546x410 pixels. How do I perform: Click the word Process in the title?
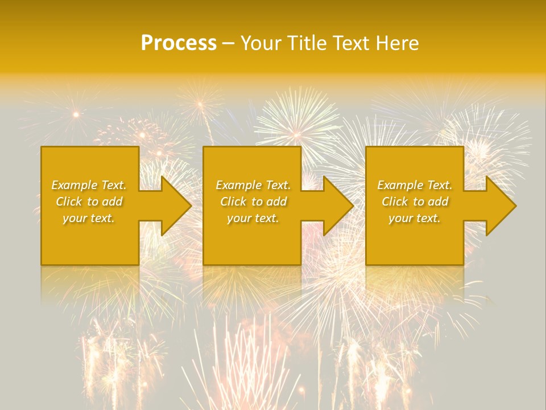(x=179, y=43)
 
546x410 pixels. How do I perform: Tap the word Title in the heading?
(x=307, y=43)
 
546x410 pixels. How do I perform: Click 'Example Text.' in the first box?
(x=89, y=185)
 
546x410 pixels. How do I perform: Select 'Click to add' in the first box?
(x=89, y=202)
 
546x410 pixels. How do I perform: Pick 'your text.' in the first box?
(x=89, y=218)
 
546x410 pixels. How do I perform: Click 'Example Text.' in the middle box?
(x=253, y=185)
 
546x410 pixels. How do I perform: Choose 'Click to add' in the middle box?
(x=253, y=202)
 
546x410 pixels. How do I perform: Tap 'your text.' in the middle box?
(x=253, y=218)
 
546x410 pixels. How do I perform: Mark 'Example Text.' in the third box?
(x=415, y=185)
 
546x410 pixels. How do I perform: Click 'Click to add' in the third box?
(x=415, y=202)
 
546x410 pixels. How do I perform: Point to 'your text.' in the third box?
(x=415, y=218)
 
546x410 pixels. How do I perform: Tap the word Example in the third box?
(x=400, y=185)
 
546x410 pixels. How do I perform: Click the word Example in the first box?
(x=75, y=185)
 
